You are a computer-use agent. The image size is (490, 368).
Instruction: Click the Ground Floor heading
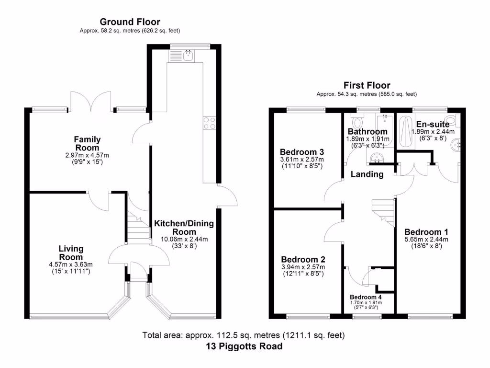coord(130,22)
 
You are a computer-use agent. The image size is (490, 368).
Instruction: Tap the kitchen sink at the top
coord(187,56)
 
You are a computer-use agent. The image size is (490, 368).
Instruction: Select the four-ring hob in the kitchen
coord(209,123)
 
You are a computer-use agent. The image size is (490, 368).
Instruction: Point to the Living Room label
coord(71,253)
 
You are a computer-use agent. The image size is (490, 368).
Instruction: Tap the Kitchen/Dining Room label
coord(184,228)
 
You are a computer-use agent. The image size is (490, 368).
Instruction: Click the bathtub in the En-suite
coord(406,132)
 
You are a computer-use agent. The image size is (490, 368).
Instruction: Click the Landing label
coord(367,174)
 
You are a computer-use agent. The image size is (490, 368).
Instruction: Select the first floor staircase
coord(383,211)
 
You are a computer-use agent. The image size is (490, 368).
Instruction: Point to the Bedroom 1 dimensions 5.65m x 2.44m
coord(420,240)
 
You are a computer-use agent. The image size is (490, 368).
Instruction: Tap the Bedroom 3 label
coord(302,152)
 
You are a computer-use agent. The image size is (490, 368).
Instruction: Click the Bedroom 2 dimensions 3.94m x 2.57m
coord(303,267)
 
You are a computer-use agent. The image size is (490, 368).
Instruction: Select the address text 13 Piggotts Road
coord(244,346)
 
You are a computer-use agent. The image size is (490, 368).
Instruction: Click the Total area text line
coord(244,335)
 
